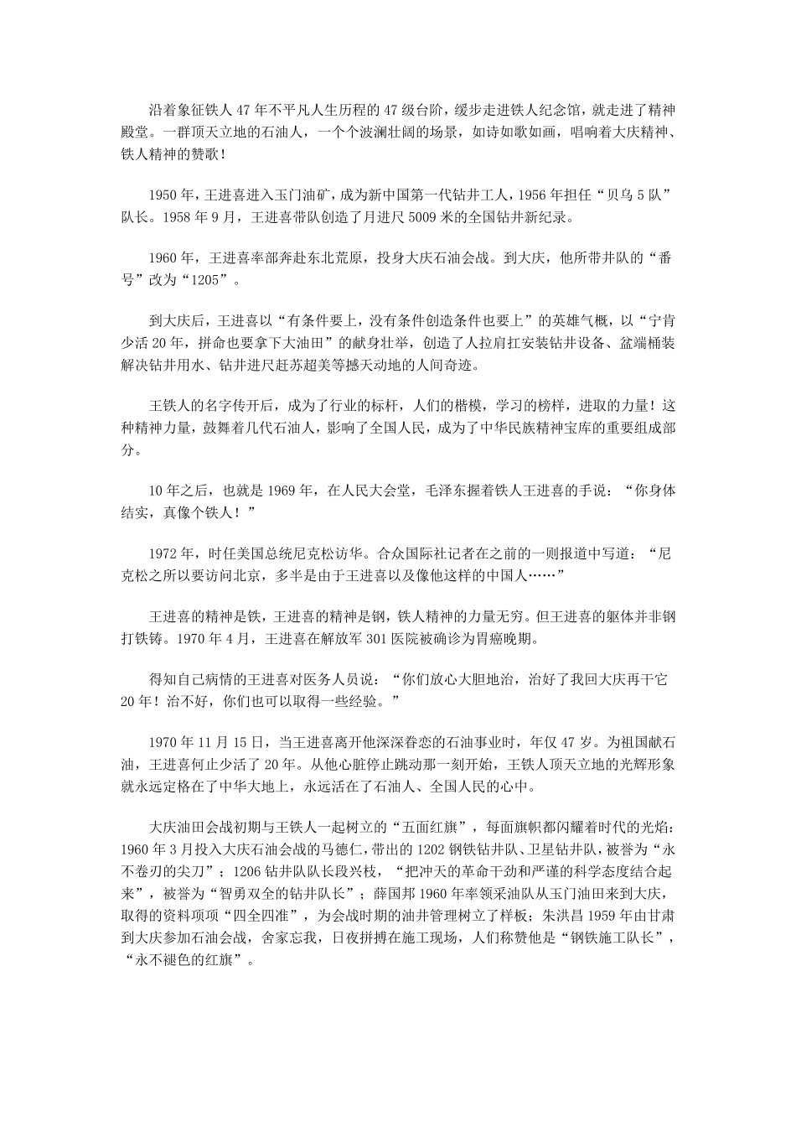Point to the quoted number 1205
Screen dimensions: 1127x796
(204, 281)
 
